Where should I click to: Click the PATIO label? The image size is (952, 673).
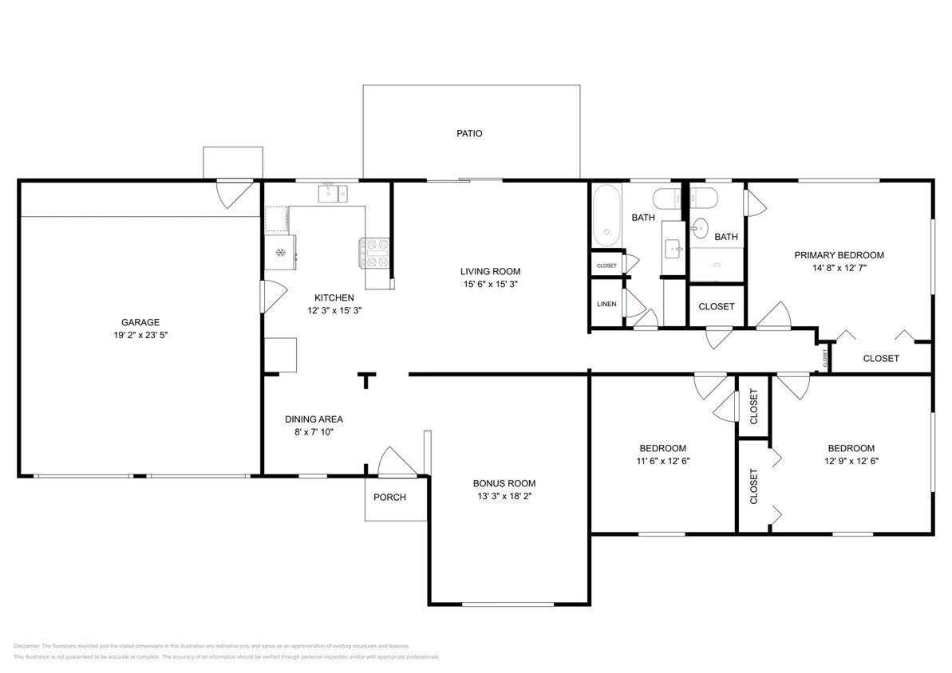point(469,134)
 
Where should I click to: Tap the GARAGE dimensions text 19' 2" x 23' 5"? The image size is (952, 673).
point(140,336)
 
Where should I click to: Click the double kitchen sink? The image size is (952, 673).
point(334,192)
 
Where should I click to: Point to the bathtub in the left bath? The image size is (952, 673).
point(606,215)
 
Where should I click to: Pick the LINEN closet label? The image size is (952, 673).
point(606,304)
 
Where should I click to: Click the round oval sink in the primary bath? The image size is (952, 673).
point(698,229)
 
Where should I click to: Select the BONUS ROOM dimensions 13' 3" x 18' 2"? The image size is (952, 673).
point(504,496)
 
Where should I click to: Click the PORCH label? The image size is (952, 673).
point(389,498)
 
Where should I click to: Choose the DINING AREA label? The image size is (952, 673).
point(314,419)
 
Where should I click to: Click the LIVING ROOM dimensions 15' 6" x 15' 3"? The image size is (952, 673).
point(489,284)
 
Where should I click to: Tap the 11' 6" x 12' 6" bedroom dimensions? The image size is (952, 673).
point(662,461)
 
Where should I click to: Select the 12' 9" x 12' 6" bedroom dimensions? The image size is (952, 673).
point(851,461)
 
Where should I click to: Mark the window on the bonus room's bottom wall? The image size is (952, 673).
point(508,604)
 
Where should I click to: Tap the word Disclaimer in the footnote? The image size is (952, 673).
point(27,646)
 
